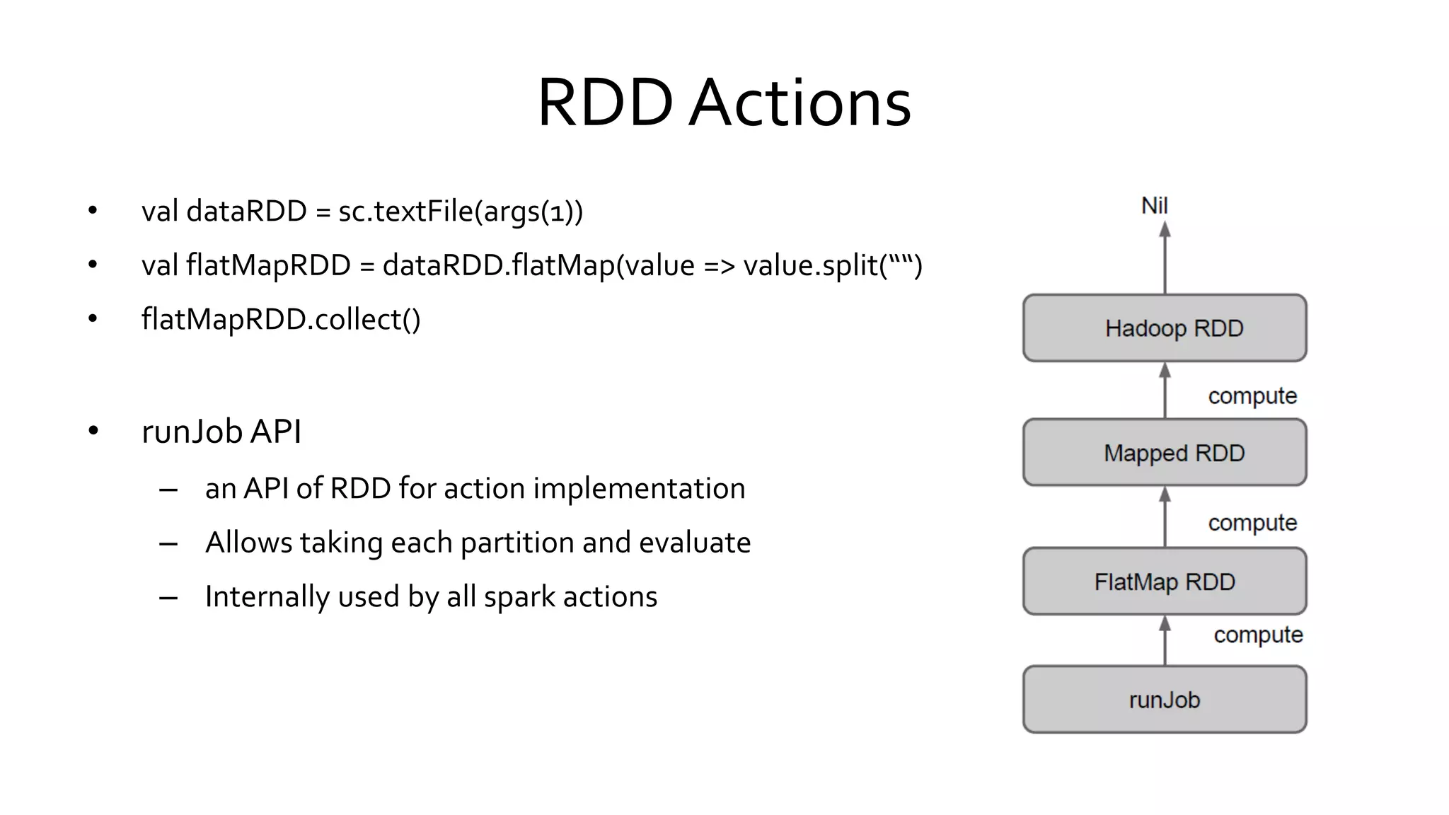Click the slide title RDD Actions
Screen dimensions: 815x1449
point(724,103)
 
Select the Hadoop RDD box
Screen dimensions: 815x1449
point(1165,328)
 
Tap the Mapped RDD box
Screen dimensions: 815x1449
point(1165,453)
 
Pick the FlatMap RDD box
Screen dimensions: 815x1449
point(1165,582)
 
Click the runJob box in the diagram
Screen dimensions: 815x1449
point(1165,700)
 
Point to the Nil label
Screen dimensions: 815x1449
point(1155,206)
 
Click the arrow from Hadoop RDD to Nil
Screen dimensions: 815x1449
point(1165,258)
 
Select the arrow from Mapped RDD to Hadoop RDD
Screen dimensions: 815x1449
point(1165,391)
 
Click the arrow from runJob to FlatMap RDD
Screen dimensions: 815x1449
point(1165,640)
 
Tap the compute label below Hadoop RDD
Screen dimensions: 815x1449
point(1252,396)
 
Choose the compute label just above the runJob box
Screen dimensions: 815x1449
point(1258,635)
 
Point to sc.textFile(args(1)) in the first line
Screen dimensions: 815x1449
point(461,212)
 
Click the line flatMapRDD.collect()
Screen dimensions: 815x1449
point(281,320)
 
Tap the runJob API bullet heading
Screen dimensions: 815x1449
point(221,432)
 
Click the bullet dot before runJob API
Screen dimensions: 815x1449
point(93,432)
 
